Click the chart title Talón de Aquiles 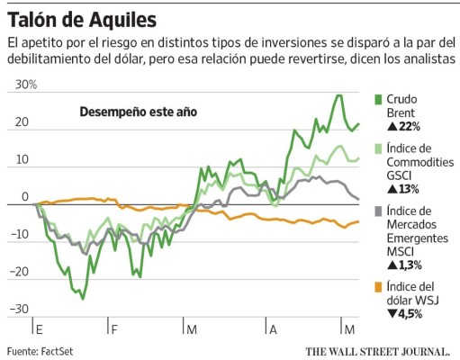(81, 18)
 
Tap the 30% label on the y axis (23, 85)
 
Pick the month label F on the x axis (114, 329)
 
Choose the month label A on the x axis (273, 329)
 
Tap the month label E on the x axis (38, 329)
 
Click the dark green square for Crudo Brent (379, 98)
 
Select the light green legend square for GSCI (379, 148)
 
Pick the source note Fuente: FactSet (40, 350)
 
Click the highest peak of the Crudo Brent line (338, 95)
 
